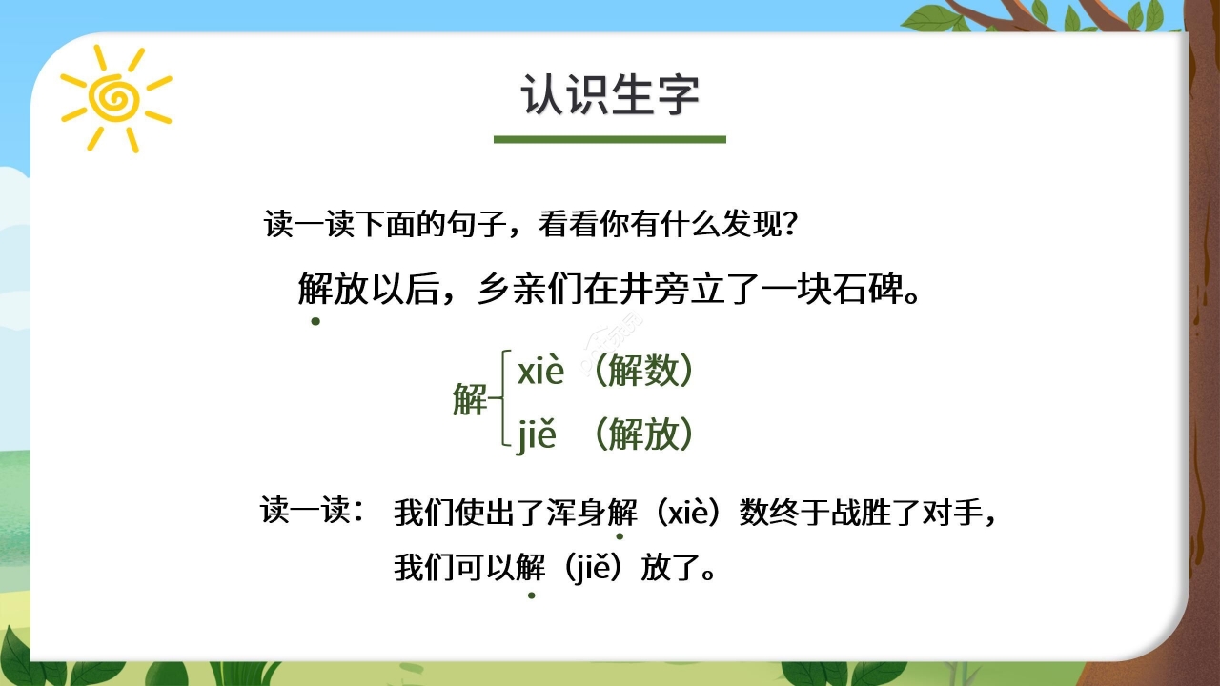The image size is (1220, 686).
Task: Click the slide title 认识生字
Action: (610, 95)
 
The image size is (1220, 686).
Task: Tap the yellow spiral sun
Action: (114, 97)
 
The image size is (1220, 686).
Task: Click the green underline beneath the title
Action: (610, 139)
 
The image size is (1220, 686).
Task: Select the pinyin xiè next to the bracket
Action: (541, 372)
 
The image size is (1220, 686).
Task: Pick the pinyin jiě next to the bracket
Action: (537, 435)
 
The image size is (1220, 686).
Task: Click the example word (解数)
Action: (641, 372)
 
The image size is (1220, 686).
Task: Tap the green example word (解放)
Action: (641, 435)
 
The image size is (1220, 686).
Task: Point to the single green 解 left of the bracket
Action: (469, 401)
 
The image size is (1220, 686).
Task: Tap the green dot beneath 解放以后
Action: (315, 321)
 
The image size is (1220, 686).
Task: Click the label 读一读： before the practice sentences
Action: (313, 511)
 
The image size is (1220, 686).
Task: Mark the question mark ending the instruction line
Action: (786, 225)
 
